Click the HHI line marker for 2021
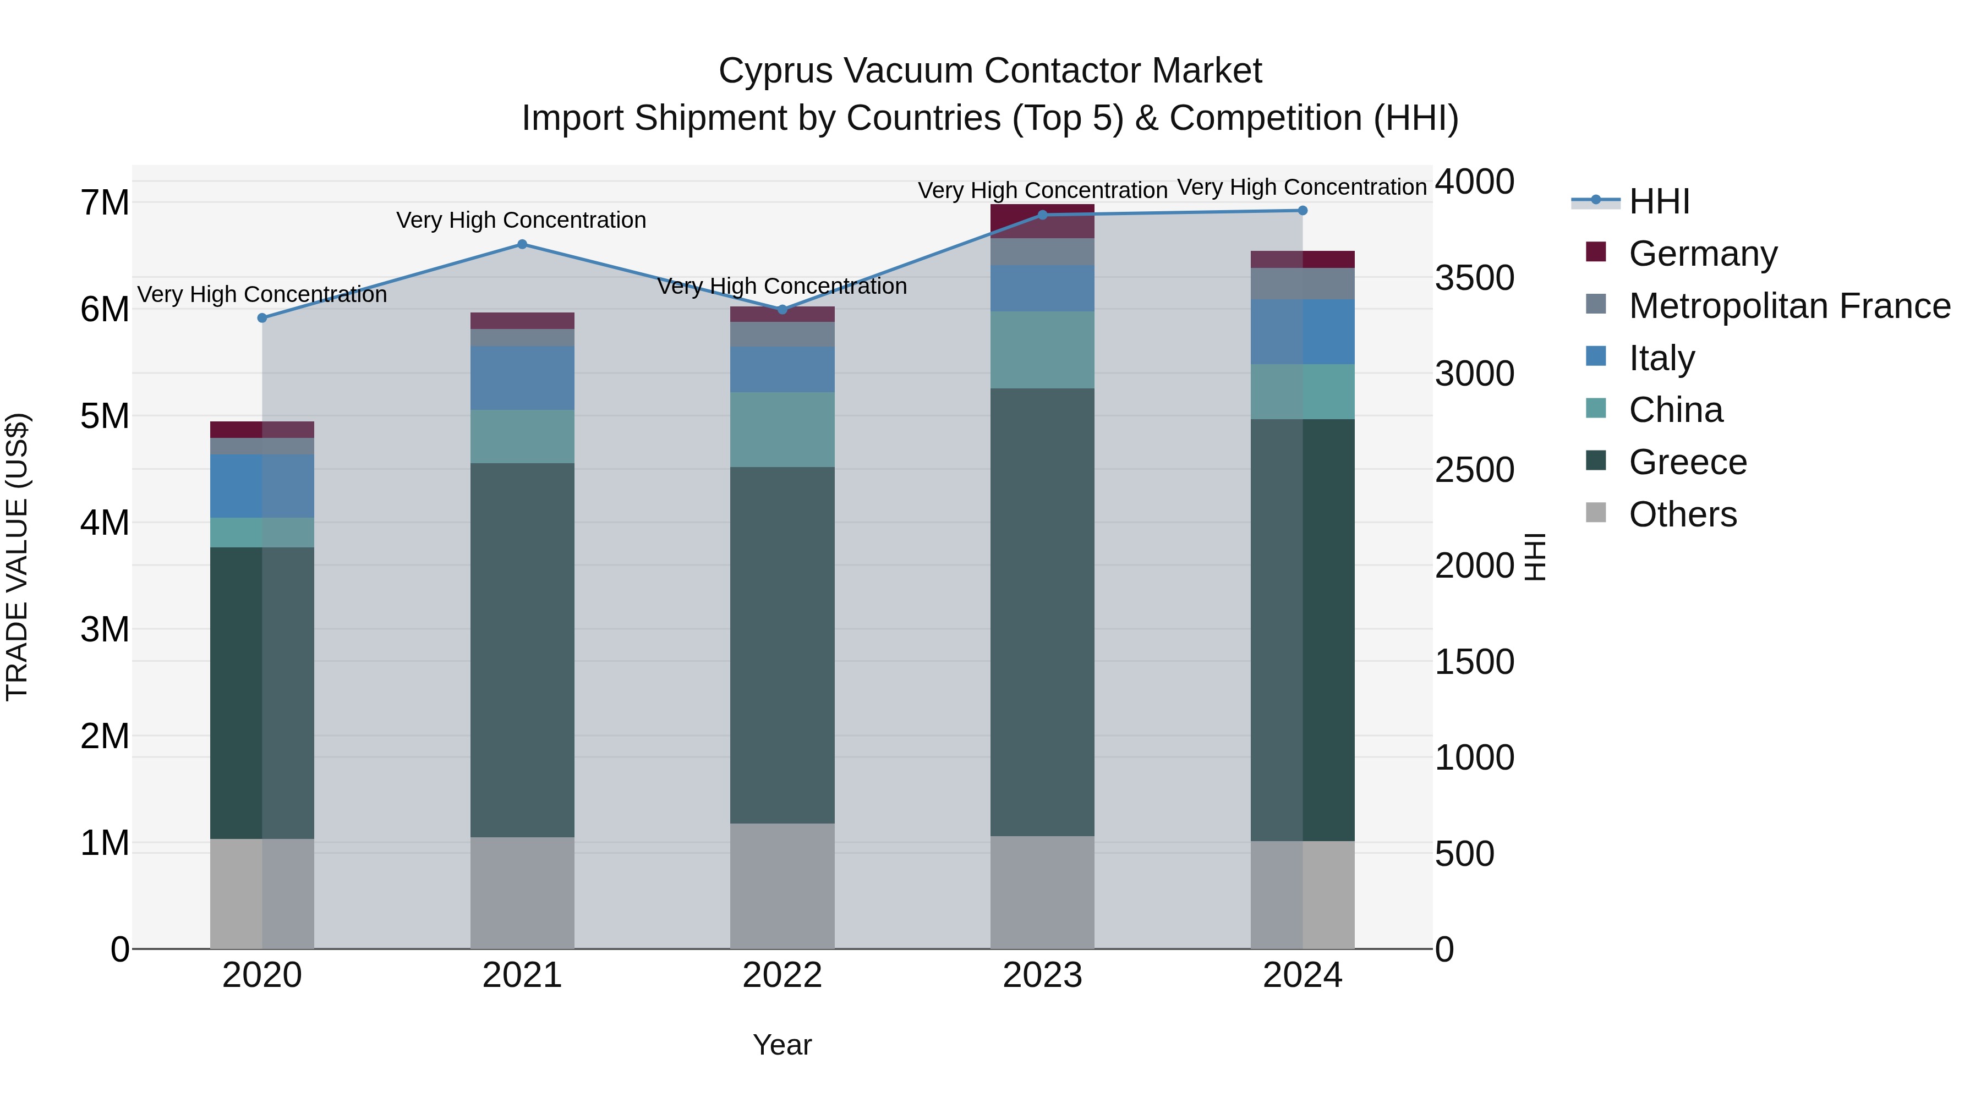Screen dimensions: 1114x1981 [522, 244]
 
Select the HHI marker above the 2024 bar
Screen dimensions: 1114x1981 [1302, 211]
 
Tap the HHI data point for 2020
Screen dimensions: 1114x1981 [262, 317]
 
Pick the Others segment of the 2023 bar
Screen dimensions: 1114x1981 [1042, 892]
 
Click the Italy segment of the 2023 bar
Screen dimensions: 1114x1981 [1042, 288]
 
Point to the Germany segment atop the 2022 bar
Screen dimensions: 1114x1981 [782, 315]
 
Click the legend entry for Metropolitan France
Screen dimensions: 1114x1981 [1789, 306]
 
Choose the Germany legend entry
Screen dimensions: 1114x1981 [1703, 254]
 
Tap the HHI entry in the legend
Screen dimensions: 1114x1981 [1658, 201]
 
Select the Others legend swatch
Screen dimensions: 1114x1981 [1596, 513]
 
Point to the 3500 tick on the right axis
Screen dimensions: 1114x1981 [1474, 278]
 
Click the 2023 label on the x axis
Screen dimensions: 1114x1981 [1042, 975]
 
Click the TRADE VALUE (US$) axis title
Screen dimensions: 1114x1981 [17, 557]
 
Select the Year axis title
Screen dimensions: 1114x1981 [782, 1045]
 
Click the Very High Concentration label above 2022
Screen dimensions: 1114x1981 [782, 286]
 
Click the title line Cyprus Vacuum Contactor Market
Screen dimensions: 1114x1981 [990, 71]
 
